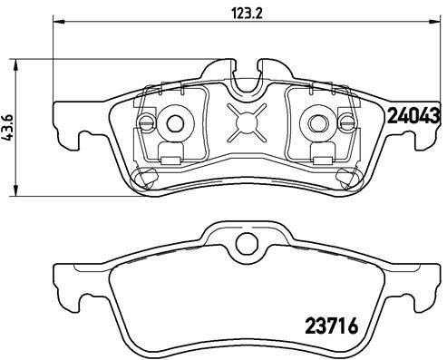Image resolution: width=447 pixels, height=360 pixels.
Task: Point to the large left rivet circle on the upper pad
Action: (176, 122)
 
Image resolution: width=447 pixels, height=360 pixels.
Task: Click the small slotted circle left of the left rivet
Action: (148, 122)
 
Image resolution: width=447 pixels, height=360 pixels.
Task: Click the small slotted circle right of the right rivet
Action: (347, 122)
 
